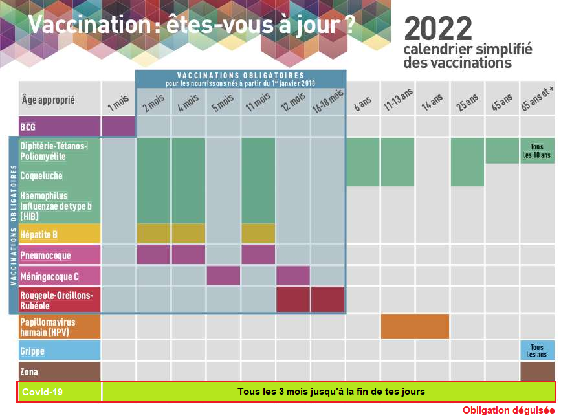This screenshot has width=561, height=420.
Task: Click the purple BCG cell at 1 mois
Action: click(118, 126)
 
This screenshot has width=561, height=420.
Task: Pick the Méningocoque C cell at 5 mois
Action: click(223, 276)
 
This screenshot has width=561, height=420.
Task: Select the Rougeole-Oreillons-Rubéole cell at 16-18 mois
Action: click(328, 300)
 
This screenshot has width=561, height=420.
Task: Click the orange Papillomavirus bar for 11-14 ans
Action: click(415, 326)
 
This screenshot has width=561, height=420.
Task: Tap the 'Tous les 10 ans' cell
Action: click(537, 151)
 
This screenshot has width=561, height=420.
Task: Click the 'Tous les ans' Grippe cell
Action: click(537, 350)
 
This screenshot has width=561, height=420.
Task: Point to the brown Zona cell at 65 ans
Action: click(537, 371)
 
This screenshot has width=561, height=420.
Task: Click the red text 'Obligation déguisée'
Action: click(508, 410)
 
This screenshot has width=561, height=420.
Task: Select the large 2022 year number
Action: click(438, 28)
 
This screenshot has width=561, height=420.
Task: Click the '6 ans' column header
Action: click(362, 103)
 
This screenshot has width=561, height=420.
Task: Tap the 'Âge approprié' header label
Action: click(49, 100)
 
